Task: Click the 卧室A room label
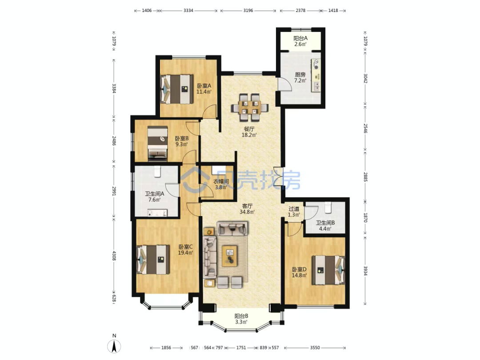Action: [x=204, y=86]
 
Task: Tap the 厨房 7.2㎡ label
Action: [x=300, y=77]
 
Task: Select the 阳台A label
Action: [x=300, y=38]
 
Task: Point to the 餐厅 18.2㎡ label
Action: [x=249, y=132]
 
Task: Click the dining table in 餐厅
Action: [x=250, y=108]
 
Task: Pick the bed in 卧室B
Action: [x=158, y=144]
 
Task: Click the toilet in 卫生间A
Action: [x=157, y=172]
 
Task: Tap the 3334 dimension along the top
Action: [x=188, y=10]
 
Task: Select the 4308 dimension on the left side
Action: [x=114, y=256]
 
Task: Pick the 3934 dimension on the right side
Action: [x=365, y=271]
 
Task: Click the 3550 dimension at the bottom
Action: [x=315, y=348]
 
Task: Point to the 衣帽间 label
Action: [x=221, y=181]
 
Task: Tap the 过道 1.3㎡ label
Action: [x=294, y=212]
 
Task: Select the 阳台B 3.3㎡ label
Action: [x=241, y=319]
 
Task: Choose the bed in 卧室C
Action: [x=153, y=259]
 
